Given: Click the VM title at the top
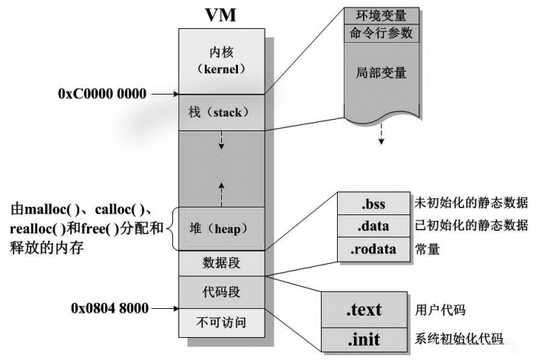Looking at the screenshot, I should (222, 16).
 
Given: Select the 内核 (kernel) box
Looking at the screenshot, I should (222, 61).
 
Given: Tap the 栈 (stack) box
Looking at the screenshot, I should (222, 112).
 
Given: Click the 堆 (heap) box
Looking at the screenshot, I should (222, 228).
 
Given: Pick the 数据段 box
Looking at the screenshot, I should (222, 263).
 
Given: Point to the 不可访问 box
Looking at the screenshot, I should (222, 320).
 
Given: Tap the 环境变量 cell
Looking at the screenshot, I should (380, 14).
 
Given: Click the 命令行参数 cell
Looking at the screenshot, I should (380, 33).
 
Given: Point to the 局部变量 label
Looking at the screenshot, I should (380, 73).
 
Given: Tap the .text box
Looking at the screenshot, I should (364, 310).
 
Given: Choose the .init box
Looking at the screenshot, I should (364, 339).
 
